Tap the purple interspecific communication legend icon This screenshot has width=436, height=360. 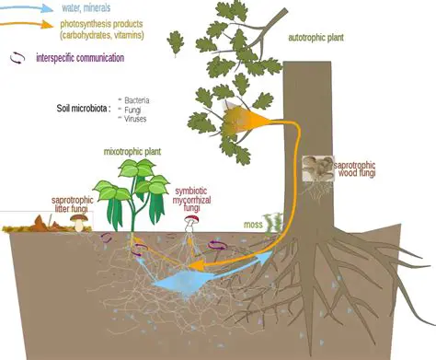(x=17, y=57)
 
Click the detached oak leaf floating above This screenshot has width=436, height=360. (x=175, y=41)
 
